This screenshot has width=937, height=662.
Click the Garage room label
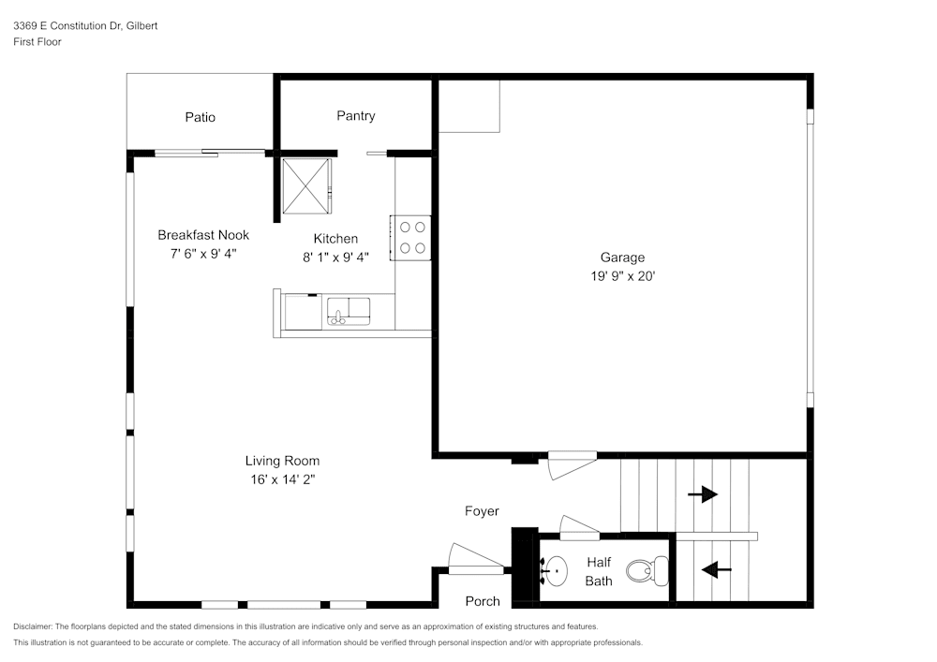coord(622,257)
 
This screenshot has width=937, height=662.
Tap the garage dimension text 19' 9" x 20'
coord(622,276)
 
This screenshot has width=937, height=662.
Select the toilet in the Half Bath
coord(647,568)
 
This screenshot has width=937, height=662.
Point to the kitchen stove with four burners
coord(411,237)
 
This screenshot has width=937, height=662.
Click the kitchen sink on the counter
coord(349,311)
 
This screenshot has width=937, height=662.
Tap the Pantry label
coord(356,116)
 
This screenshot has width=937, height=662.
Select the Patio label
coord(200,117)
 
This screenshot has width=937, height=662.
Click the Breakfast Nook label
coord(203,235)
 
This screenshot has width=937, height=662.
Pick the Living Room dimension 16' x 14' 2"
coord(282,479)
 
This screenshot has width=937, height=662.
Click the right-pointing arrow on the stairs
coord(703,494)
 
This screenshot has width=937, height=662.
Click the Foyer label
coord(482,511)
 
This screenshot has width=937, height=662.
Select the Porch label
coord(483,601)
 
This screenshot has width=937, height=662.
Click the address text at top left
coord(85,26)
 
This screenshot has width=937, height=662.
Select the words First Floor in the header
coord(37,42)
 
